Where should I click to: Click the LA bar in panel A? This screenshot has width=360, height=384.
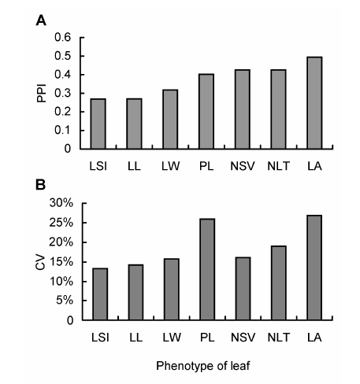[x=314, y=103]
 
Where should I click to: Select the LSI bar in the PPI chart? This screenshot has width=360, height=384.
[x=98, y=124]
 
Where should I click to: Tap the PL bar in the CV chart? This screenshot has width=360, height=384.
[x=207, y=269]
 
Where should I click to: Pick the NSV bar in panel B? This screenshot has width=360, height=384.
[x=243, y=289]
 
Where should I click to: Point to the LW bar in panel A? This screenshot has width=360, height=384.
[x=170, y=120]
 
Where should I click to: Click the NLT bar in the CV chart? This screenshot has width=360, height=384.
[x=279, y=283]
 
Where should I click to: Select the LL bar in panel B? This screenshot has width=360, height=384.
[x=135, y=293]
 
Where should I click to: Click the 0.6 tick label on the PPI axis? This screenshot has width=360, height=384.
[x=63, y=37]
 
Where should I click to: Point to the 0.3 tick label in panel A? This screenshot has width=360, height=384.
[x=63, y=93]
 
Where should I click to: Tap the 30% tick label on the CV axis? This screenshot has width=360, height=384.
[x=61, y=203]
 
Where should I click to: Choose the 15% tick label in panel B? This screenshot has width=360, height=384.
[x=61, y=261]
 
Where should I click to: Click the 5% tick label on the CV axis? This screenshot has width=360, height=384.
[x=65, y=301]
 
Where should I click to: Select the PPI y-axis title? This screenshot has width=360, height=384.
[x=42, y=93]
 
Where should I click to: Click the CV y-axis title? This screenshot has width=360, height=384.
[x=40, y=263]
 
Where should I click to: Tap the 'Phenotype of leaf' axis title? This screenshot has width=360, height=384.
[x=203, y=366]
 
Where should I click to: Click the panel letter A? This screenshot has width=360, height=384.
[x=41, y=20]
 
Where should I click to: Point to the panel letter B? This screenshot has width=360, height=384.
[x=40, y=185]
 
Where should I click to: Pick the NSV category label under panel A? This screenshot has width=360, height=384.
[x=243, y=166]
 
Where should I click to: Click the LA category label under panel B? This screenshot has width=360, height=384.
[x=314, y=338]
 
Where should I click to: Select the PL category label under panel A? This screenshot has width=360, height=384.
[x=206, y=166]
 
